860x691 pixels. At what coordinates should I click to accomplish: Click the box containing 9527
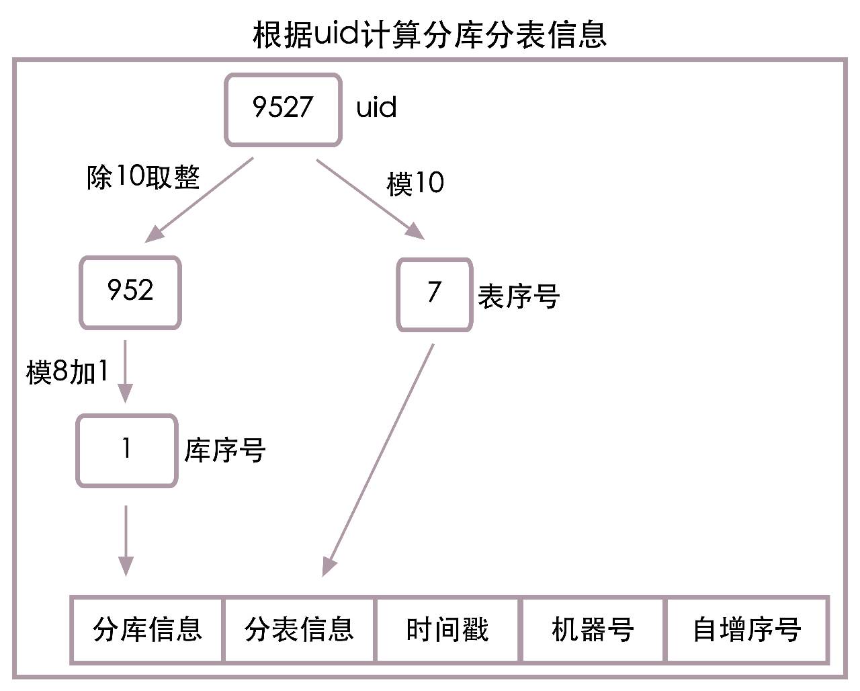coord(283,110)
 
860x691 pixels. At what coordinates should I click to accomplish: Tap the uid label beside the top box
coord(376,108)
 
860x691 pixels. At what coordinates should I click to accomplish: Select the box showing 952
coord(130,292)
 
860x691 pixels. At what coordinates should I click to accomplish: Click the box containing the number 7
coord(434,294)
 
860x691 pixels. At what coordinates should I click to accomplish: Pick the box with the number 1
coord(126,450)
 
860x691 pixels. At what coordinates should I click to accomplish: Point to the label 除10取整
coord(143,177)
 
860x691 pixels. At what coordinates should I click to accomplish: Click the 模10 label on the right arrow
coord(415,184)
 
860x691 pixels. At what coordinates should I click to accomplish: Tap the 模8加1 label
coord(67,372)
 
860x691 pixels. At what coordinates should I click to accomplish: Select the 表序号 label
coord(518,296)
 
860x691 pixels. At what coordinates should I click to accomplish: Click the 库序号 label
coord(225,450)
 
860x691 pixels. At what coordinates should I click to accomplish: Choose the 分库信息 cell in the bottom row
coord(147,630)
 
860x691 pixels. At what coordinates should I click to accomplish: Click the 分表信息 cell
coord(299,630)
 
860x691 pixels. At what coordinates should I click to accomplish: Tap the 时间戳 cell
coord(447,630)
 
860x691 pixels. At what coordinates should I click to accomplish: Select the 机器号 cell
coord(593,630)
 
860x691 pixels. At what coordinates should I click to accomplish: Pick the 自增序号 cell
coord(746,630)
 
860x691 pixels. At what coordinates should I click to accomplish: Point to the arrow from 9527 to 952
coord(200,199)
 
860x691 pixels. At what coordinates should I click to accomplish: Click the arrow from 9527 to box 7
coord(370,198)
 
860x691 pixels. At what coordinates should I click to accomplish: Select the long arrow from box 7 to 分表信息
coord(378,460)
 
